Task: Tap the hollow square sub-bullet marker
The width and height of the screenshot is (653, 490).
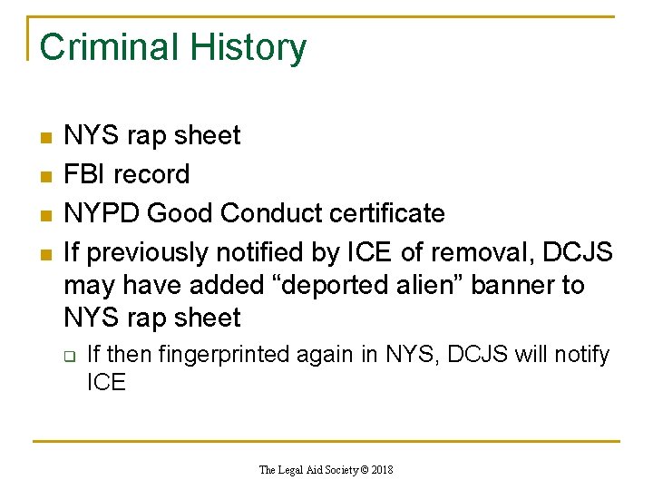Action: coord(68,357)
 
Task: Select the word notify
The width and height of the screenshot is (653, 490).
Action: coord(580,355)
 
